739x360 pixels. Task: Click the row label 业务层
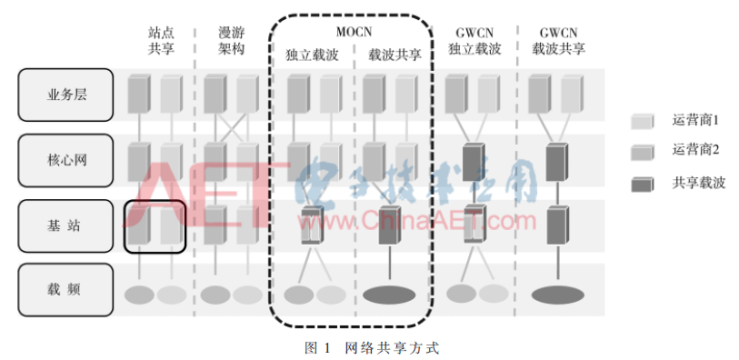click(x=65, y=95)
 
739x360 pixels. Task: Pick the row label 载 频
click(x=65, y=290)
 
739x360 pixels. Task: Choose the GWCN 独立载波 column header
click(x=474, y=42)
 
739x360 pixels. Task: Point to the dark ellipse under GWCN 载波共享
click(x=557, y=295)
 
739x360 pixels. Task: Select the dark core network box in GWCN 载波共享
click(x=557, y=161)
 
